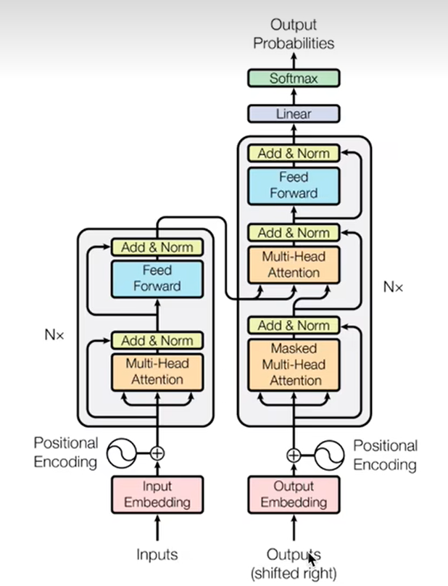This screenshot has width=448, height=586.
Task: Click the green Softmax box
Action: click(x=294, y=78)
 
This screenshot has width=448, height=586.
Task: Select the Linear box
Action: click(x=294, y=114)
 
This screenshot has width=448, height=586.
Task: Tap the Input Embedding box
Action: click(x=157, y=494)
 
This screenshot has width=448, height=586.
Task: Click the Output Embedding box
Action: click(x=294, y=494)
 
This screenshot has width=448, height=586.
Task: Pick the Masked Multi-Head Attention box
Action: click(x=294, y=364)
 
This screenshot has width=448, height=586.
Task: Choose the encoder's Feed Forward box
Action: click(x=157, y=278)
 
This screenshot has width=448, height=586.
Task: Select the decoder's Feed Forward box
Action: click(x=294, y=185)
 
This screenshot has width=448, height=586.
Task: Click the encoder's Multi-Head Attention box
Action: click(x=157, y=371)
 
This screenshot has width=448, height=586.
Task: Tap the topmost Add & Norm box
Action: click(x=294, y=153)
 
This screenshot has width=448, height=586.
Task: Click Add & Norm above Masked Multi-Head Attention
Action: click(x=294, y=325)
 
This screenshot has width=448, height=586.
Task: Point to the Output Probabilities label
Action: click(x=294, y=34)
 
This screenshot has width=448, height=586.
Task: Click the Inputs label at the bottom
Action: click(x=157, y=555)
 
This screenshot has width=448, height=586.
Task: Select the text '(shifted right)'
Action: click(x=294, y=573)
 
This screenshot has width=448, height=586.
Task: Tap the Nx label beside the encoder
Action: click(x=54, y=336)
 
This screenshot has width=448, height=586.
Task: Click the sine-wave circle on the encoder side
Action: click(x=120, y=454)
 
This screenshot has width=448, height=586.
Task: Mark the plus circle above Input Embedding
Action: click(x=157, y=454)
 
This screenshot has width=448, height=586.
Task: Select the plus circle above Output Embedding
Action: click(x=293, y=455)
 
